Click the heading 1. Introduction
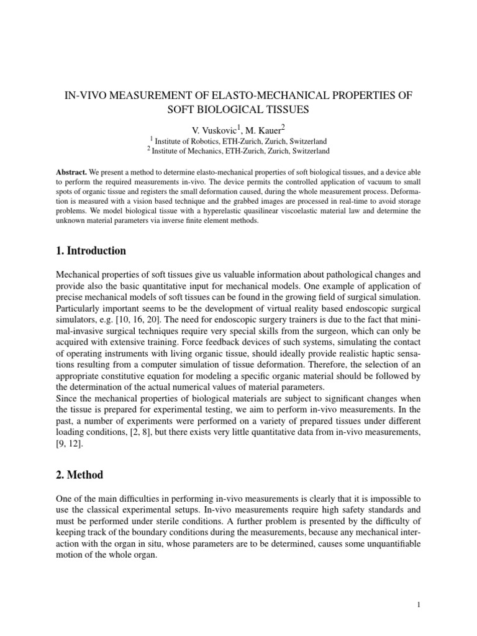point(91,251)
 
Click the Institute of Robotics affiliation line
point(239,141)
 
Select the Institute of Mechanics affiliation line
point(239,151)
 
